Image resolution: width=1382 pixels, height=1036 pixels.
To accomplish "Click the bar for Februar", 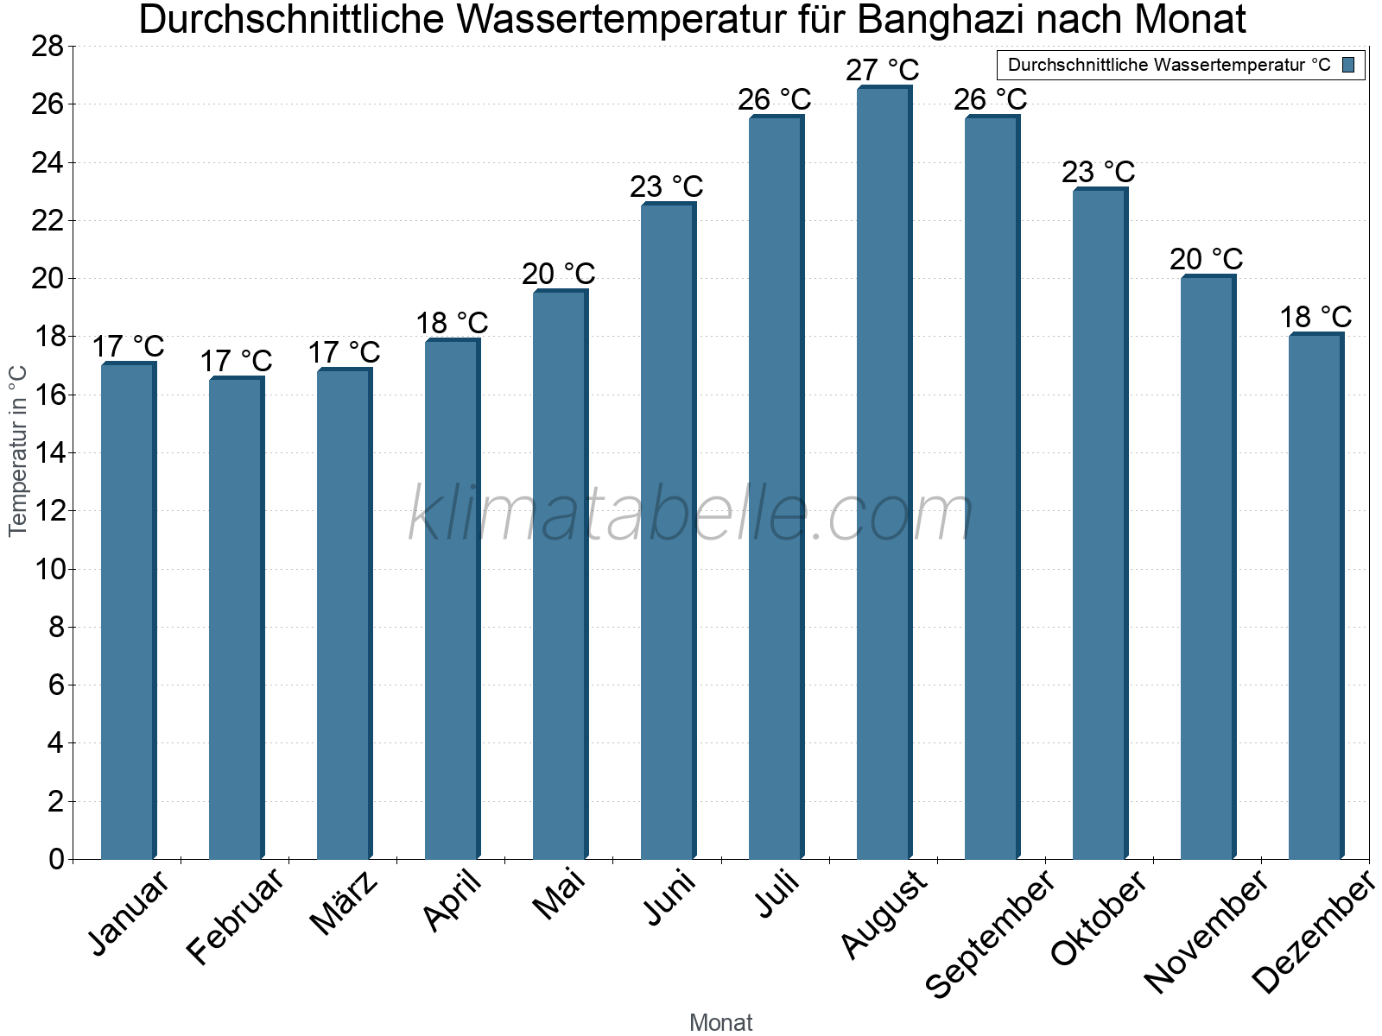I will coord(236,618).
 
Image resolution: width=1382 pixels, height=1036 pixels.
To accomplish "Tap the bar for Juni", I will coord(668,531).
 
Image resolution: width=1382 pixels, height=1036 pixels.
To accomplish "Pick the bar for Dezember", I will coord(1315,596).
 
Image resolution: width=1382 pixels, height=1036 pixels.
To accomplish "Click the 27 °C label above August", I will coord(883,70).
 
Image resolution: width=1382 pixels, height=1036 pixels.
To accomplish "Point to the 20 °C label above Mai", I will coord(559,274).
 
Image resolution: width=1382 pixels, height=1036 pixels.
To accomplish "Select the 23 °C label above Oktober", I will coord(1099,172).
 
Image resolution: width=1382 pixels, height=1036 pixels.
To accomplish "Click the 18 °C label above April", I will coord(452,323).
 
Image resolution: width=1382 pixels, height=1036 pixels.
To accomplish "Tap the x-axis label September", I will coord(990,932).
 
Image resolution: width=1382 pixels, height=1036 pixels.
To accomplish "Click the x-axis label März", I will coord(344,903).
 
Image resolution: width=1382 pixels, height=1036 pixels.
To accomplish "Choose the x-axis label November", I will coord(1206,932).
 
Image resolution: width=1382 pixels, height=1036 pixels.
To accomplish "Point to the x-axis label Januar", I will coord(130,913).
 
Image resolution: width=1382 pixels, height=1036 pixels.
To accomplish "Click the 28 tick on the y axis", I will coord(48,47).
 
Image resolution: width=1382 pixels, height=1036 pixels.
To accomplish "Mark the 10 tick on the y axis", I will coord(48,569).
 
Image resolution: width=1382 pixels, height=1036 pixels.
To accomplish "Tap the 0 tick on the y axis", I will coord(57,859).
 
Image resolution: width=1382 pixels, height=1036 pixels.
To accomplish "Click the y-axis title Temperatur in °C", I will coord(18,451).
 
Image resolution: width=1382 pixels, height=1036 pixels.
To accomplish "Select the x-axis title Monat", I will coord(720,1023).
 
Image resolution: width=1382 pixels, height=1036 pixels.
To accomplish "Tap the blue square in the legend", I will coord(1348,65).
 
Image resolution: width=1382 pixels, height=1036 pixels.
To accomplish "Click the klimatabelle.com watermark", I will coord(691,515).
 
